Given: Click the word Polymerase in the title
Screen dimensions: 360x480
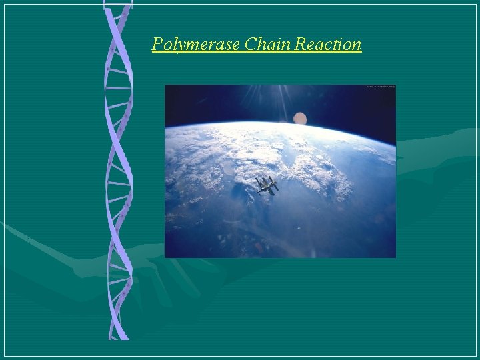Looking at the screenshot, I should click(196, 45).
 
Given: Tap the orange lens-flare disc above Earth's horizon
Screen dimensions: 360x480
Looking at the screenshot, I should click(300, 119).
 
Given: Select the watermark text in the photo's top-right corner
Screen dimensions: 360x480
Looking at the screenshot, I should click(381, 87).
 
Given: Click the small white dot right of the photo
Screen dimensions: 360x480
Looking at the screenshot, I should click(445, 137).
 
